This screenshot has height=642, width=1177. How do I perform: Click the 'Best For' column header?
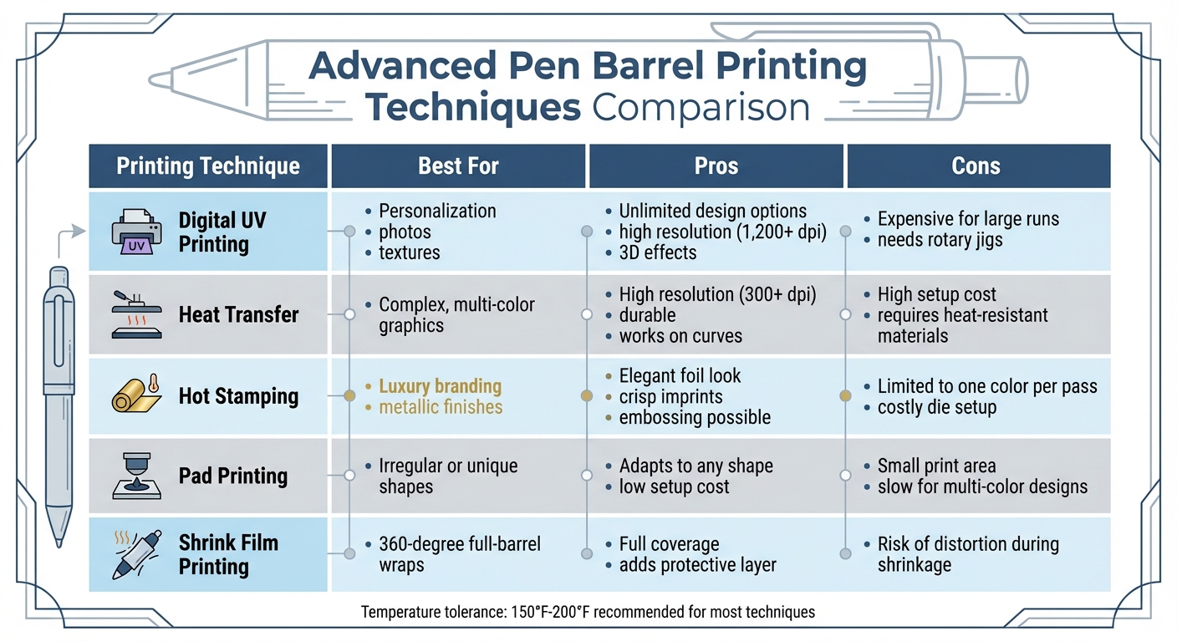tap(458, 166)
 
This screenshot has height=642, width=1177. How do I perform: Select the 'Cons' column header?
tap(976, 166)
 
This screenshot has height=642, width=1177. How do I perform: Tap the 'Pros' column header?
tap(716, 166)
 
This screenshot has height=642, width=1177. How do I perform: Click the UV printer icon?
tap(136, 232)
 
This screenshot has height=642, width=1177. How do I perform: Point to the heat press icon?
tap(136, 315)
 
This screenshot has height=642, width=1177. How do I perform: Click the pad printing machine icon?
tap(136, 476)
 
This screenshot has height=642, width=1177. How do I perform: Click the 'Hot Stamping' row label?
tap(238, 395)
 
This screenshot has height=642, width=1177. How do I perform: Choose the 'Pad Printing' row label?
tap(232, 476)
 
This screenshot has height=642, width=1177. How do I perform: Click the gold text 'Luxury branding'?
tap(440, 386)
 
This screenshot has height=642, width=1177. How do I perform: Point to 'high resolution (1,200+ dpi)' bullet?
tap(722, 232)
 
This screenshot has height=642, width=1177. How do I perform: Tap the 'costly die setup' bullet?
tap(936, 407)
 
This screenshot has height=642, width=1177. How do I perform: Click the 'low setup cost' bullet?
tap(674, 487)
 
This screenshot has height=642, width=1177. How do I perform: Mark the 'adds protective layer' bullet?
tap(697, 565)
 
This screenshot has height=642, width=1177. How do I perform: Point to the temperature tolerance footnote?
tap(588, 613)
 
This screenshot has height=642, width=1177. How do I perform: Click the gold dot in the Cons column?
tap(845, 395)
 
